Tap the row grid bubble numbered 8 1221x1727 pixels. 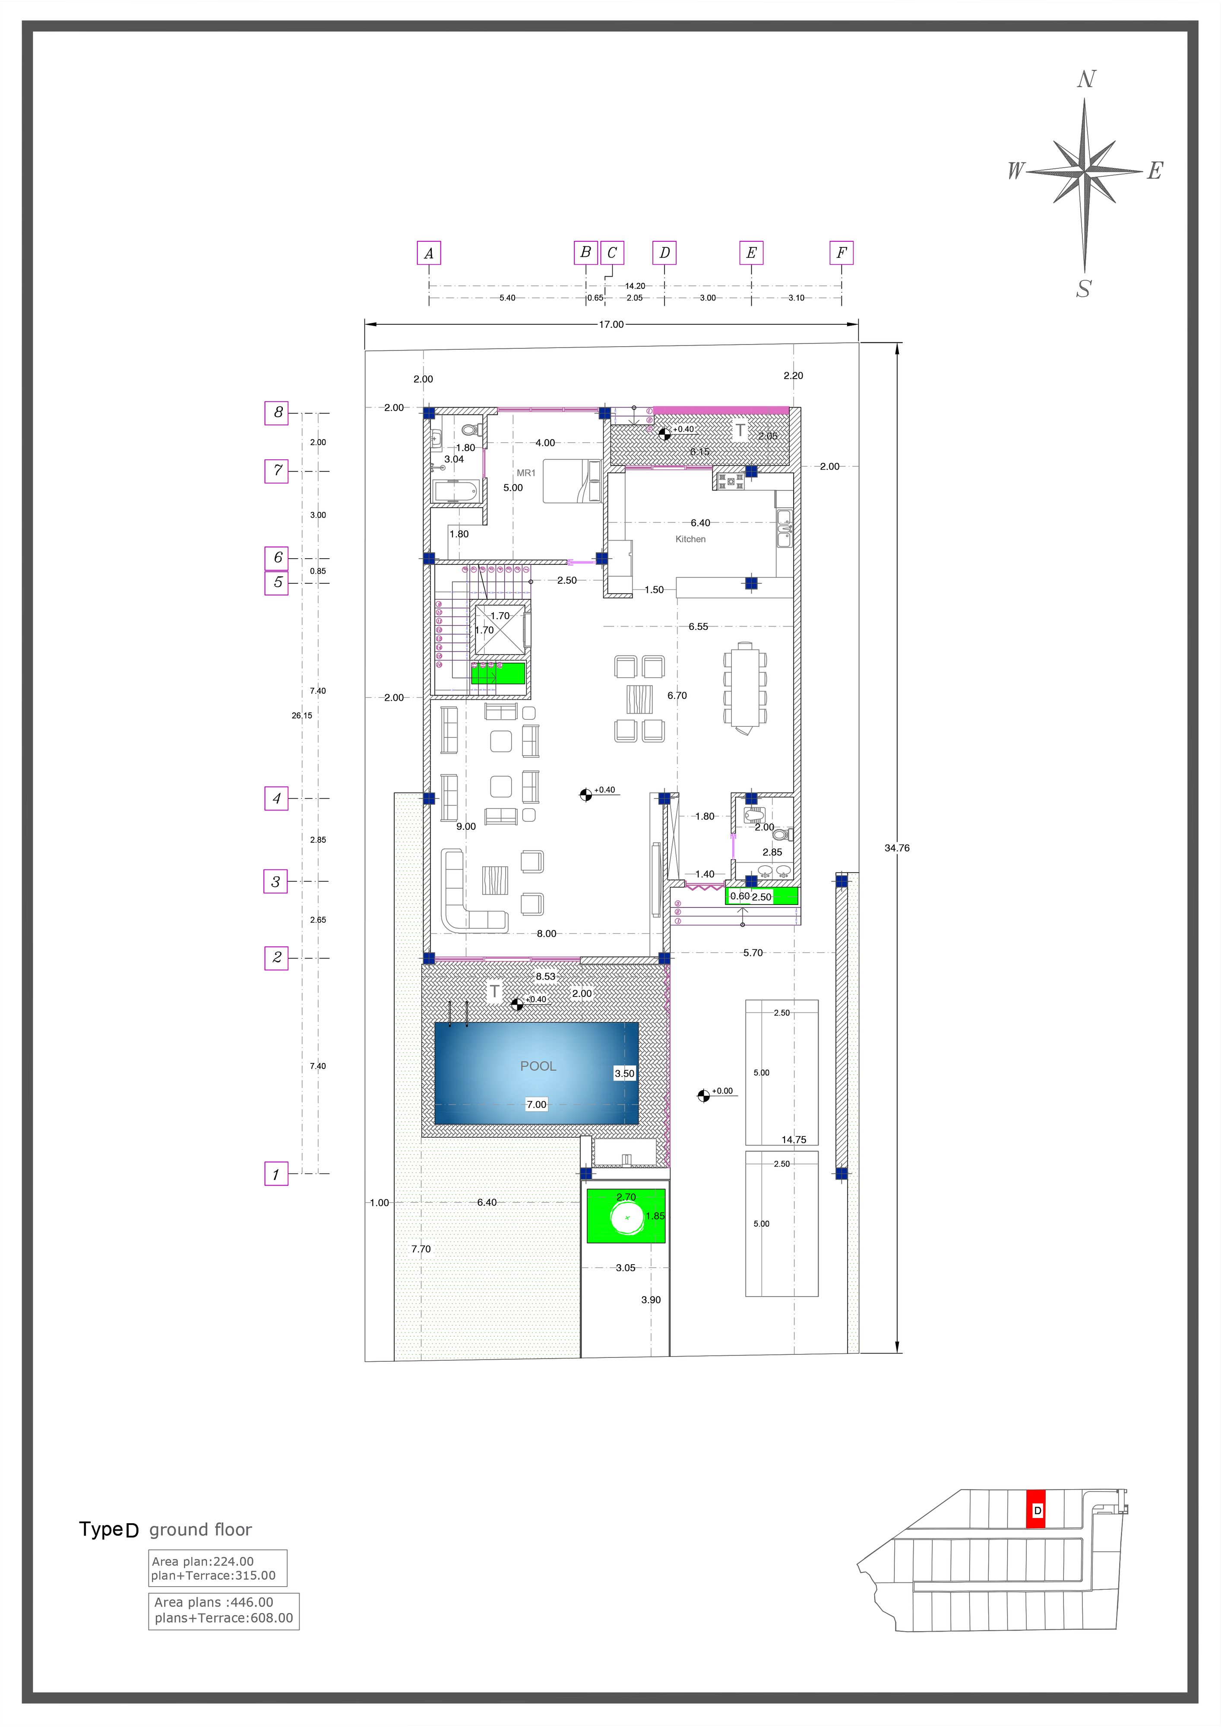click(x=276, y=413)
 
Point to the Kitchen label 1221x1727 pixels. click(x=691, y=539)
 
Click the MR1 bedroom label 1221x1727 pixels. click(x=526, y=473)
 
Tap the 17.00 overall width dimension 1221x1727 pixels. click(x=611, y=325)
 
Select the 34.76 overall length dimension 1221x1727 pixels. click(x=897, y=848)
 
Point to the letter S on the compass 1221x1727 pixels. click(x=1083, y=289)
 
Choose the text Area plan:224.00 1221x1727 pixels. click(x=203, y=1562)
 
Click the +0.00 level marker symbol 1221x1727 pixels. click(x=703, y=1095)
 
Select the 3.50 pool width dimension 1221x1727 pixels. click(x=624, y=1073)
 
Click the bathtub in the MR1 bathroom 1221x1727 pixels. click(x=455, y=492)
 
